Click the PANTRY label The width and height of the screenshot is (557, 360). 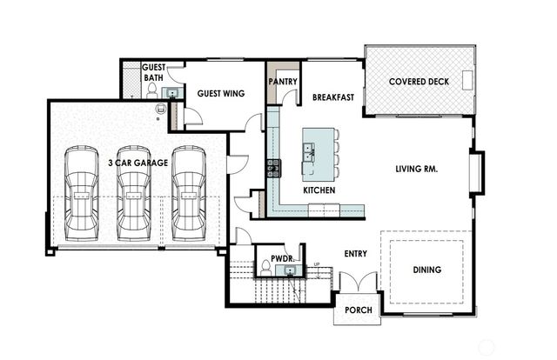(284, 82)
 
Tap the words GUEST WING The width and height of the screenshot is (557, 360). (220, 93)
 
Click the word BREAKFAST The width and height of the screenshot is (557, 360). (332, 97)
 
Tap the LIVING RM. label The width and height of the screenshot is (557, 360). (416, 170)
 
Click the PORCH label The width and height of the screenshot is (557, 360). (358, 310)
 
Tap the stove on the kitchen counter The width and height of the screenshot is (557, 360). (272, 167)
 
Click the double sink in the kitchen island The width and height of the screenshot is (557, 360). (310, 153)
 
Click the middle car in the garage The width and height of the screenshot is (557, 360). (133, 193)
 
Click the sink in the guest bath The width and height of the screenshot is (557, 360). (171, 93)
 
